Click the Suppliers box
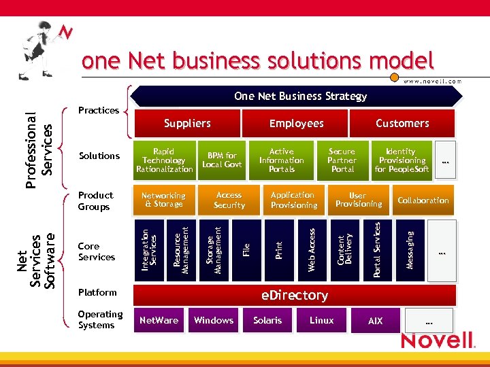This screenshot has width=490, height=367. [186, 124]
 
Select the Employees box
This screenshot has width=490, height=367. [296, 124]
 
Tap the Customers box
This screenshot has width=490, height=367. [402, 124]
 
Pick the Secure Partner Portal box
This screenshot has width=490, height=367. [342, 160]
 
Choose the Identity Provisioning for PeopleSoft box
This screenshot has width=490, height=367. [402, 160]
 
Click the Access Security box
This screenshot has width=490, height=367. [229, 200]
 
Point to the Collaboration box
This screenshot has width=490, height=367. [423, 200]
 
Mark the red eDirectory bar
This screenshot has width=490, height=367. [294, 296]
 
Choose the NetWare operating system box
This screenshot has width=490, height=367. [158, 321]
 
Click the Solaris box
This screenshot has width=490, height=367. [267, 321]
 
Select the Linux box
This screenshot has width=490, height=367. [321, 321]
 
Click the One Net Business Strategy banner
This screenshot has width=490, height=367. [300, 97]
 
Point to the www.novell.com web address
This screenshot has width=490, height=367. [432, 81]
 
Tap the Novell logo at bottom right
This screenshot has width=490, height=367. [437, 340]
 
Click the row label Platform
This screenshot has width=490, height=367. [97, 292]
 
